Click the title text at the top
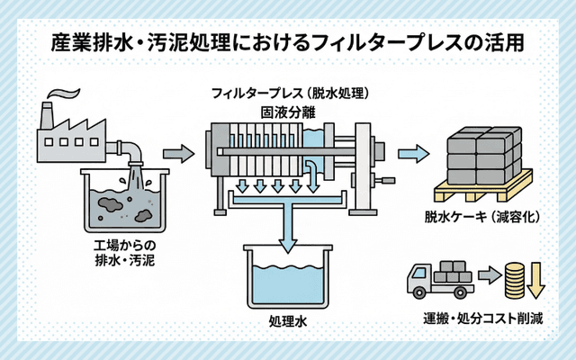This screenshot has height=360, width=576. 287,42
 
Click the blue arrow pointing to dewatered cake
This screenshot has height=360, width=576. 414,152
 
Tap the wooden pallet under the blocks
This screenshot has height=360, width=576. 481,192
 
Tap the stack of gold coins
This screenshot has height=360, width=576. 514,279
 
